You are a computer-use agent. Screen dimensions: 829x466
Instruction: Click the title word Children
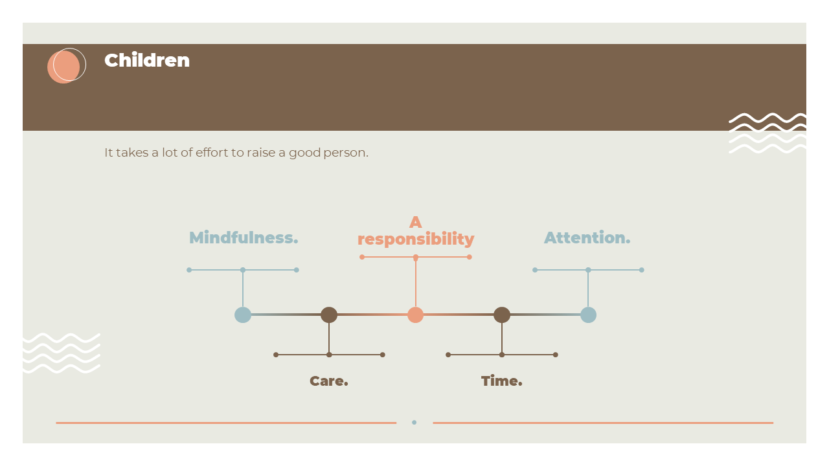(x=147, y=60)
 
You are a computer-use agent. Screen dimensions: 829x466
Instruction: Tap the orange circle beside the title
(x=63, y=67)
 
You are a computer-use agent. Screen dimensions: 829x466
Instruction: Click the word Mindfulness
(x=244, y=238)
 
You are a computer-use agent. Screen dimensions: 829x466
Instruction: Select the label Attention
(x=587, y=238)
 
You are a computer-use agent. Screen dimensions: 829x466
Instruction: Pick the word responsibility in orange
(x=416, y=239)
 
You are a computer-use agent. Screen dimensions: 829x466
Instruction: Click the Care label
(x=328, y=381)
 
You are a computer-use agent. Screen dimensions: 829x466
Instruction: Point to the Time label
(x=501, y=381)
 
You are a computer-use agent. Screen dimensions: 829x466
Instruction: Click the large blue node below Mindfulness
(x=243, y=315)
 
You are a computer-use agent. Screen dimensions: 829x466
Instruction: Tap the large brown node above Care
(x=329, y=315)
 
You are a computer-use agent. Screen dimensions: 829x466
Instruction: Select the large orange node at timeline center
(x=416, y=315)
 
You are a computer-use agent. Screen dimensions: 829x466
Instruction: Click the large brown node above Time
(x=502, y=315)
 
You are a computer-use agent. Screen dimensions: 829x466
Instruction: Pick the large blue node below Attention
(x=588, y=315)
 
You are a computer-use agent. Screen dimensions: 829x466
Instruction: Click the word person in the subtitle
(x=346, y=153)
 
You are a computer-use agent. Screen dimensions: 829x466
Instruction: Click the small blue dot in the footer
(x=414, y=423)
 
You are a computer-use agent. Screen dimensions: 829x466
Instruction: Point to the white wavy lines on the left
(x=62, y=353)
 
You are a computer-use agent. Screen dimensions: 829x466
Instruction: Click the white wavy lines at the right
(x=767, y=133)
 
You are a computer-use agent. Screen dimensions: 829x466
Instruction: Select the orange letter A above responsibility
(x=416, y=222)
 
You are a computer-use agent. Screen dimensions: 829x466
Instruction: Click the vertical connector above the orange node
(x=416, y=282)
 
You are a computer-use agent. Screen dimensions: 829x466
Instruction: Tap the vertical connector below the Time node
(x=502, y=338)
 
